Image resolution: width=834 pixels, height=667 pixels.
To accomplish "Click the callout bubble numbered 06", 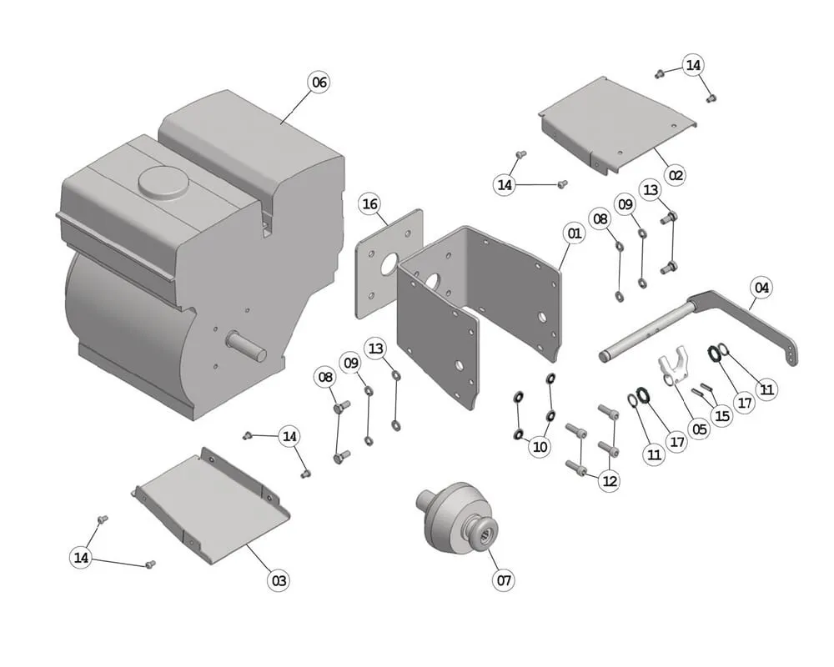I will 319,82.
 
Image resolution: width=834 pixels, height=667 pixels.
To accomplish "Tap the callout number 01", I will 574,233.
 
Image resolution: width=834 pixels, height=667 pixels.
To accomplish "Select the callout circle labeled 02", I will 676,175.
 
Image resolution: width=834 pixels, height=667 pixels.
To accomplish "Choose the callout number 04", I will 761,288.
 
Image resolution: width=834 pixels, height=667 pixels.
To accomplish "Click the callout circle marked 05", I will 699,429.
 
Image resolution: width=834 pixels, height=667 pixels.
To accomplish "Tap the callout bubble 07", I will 503,579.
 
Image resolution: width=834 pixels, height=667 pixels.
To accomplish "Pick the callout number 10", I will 540,446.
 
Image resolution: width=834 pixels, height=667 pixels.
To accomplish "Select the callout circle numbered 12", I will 610,480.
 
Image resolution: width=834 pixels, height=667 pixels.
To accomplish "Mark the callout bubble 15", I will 721,415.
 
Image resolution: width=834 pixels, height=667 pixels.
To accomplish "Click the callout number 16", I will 370,204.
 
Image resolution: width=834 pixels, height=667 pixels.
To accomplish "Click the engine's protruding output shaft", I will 248,345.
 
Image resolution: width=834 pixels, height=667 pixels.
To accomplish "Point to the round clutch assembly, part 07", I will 457,517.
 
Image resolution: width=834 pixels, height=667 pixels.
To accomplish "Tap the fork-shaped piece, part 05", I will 673,370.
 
